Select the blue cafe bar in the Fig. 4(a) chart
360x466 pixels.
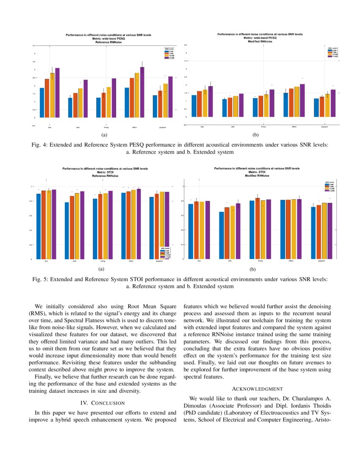pos(70,108)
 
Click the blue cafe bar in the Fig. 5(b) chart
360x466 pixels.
pos(221,236)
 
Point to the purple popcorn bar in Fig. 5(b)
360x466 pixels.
pos(330,231)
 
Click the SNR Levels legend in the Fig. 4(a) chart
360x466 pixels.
pos(169,54)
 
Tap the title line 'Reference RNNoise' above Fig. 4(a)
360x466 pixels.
pos(108,43)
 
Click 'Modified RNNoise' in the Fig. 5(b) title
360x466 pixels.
pos(260,175)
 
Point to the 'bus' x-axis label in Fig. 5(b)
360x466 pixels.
pos(199,261)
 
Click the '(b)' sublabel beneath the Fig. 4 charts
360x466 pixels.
pos(255,135)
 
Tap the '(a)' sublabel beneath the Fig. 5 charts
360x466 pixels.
pos(100,269)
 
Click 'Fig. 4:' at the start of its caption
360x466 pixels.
pos(40,145)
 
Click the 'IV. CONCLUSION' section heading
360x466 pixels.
pos(102,403)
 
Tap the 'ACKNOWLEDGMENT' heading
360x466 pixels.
pos(257,388)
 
